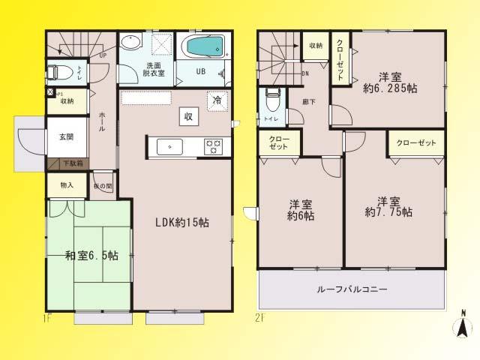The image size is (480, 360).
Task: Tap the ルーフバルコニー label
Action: (x=352, y=289)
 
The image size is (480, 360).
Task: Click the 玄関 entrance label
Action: (x=67, y=137)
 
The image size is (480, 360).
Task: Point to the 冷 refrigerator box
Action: (x=217, y=100)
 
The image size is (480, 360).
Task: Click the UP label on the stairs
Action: (x=103, y=54)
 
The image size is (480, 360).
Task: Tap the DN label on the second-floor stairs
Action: (x=305, y=73)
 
